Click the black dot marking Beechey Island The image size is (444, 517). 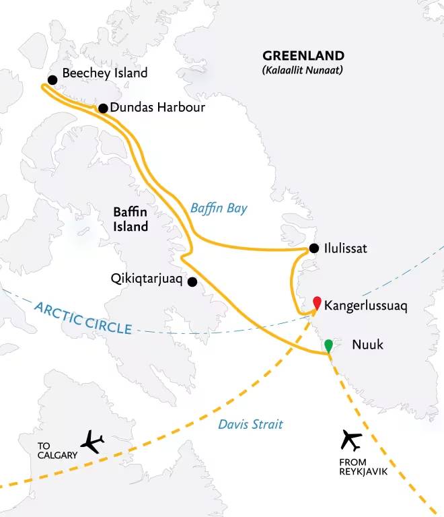pyautogui.click(x=52, y=79)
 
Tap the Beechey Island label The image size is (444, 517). pyautogui.click(x=104, y=73)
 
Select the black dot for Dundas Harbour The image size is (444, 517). pyautogui.click(x=103, y=108)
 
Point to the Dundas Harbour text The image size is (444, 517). pyautogui.click(x=157, y=108)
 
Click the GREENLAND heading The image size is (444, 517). pyautogui.click(x=303, y=56)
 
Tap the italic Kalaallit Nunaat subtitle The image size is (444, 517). pyautogui.click(x=303, y=69)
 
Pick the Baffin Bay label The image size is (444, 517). pyautogui.click(x=219, y=208)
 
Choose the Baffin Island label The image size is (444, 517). pyautogui.click(x=131, y=220)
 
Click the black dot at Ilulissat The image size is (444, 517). pyautogui.click(x=314, y=249)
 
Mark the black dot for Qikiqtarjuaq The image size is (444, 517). pyautogui.click(x=192, y=281)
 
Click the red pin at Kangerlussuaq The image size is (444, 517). pyautogui.click(x=317, y=303)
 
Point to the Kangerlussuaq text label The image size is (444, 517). pyautogui.click(x=366, y=306)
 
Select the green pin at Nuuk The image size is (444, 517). pyautogui.click(x=328, y=346)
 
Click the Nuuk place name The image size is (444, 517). pyautogui.click(x=367, y=345)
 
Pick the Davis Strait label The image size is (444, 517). pyautogui.click(x=251, y=424)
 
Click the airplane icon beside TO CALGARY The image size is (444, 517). pyautogui.click(x=92, y=442)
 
